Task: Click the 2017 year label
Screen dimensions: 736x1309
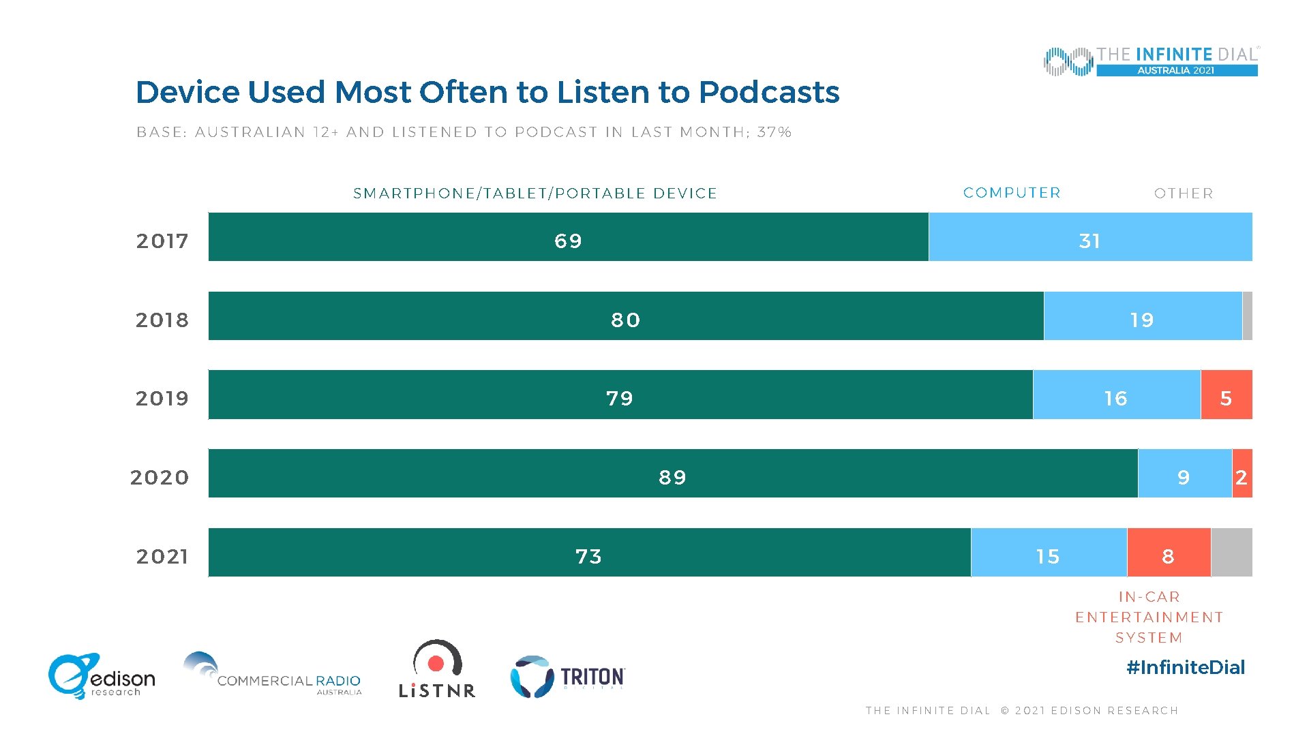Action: click(x=162, y=241)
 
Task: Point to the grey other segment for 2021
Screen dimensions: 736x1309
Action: click(x=1231, y=553)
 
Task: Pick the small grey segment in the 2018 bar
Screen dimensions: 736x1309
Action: click(x=1247, y=316)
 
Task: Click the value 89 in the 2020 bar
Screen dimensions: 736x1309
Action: click(x=672, y=478)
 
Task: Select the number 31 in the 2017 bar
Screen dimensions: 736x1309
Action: click(x=1089, y=241)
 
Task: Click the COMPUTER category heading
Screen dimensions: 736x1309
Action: click(x=1012, y=193)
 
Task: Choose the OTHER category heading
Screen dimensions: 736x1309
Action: click(x=1184, y=194)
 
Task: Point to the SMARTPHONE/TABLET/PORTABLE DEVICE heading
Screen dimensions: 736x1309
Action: click(x=535, y=194)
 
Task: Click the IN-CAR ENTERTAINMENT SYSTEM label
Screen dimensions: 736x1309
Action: click(x=1149, y=617)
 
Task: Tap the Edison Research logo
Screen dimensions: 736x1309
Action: click(x=102, y=677)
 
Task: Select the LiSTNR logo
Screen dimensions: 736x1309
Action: click(x=437, y=670)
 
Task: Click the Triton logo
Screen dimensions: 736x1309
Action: click(x=567, y=677)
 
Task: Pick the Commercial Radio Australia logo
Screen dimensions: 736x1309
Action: click(x=272, y=675)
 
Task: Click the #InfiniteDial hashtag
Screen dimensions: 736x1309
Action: click(x=1185, y=667)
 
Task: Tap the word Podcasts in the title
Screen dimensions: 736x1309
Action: click(x=768, y=92)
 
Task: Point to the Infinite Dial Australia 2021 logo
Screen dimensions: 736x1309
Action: click(x=1150, y=61)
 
